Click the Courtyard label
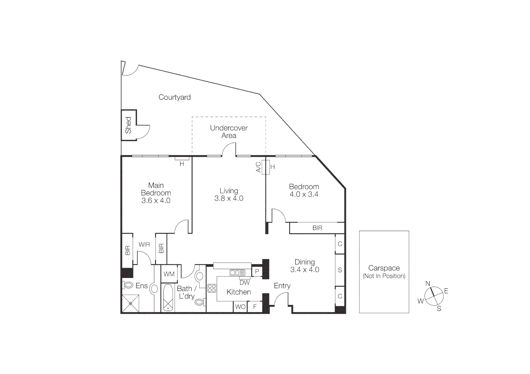point(174,97)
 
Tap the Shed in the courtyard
point(128,125)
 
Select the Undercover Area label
point(229,132)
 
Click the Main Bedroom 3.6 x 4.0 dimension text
point(156,201)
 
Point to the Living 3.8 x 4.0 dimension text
point(229,198)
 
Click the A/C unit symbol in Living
point(266,167)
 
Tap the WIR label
point(144,244)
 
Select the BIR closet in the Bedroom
point(317,228)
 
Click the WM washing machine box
point(169,274)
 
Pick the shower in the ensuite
point(130,303)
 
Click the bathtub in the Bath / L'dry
point(168,298)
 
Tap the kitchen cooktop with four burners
point(212,288)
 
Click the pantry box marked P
point(257,271)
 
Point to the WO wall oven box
point(240,307)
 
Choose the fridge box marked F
point(255,307)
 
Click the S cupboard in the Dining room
point(340,270)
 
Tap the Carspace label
point(384,268)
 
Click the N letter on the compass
point(428,284)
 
